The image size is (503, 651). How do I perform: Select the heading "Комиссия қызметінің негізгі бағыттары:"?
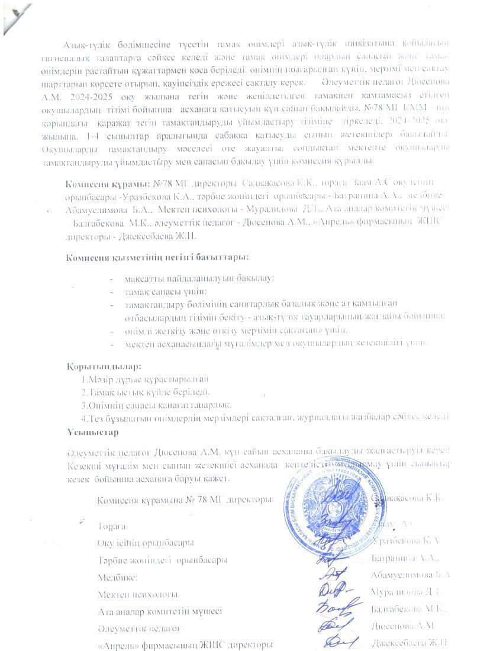157,257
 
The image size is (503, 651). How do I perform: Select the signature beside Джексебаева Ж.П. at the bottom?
336,643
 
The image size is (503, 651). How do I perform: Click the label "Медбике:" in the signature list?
118,576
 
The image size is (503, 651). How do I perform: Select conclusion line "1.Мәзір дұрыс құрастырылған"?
146,379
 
